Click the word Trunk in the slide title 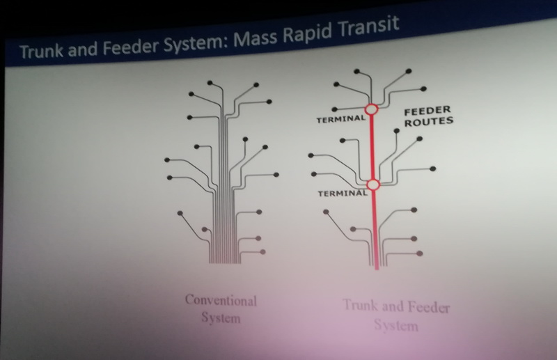click(x=41, y=51)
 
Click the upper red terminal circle click(x=372, y=109)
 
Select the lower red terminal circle click(x=373, y=185)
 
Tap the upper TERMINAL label click(x=341, y=119)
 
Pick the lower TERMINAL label click(x=343, y=193)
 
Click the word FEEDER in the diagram click(x=427, y=111)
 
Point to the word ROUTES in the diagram click(x=429, y=122)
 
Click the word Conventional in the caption click(x=221, y=301)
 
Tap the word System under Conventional click(x=221, y=318)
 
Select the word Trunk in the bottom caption click(x=361, y=305)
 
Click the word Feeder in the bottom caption click(x=429, y=306)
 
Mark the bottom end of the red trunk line click(x=377, y=269)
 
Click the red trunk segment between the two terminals click(x=372, y=147)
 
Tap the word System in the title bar click(x=193, y=43)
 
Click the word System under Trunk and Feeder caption click(x=396, y=324)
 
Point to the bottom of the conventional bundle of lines click(x=224, y=263)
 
